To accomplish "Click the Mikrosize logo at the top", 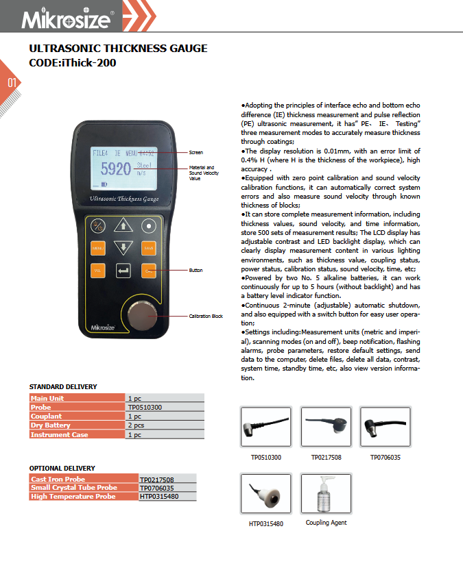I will point(66,19).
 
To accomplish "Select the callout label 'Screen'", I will point(195,152).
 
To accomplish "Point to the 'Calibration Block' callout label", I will point(206,316).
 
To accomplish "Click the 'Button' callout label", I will point(195,271).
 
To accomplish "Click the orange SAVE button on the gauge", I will point(149,248).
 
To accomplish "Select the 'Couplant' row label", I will point(47,416).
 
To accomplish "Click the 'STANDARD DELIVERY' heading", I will point(63,387).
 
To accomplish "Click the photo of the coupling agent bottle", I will point(326,493).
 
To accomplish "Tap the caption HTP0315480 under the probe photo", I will point(267,524).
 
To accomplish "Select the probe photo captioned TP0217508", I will point(327,427).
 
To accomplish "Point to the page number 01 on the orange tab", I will point(12,84).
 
